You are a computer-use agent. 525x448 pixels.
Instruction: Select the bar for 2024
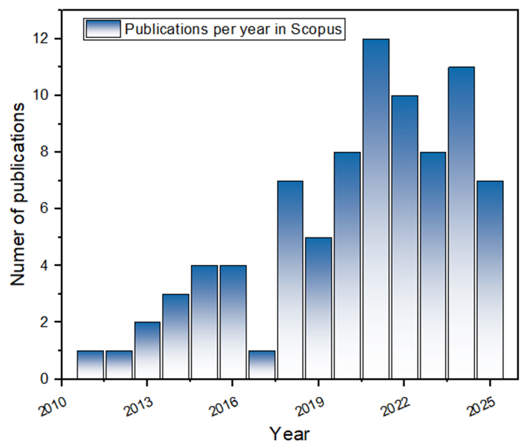click(461, 223)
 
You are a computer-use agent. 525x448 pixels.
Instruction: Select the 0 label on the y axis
click(45, 379)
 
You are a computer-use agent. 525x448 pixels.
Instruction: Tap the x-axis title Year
click(289, 434)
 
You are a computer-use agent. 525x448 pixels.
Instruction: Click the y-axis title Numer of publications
click(17, 194)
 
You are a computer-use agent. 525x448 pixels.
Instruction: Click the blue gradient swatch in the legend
click(103, 29)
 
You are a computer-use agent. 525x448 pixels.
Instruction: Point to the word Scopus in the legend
click(316, 29)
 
